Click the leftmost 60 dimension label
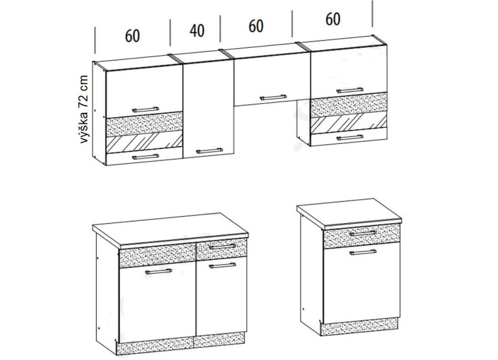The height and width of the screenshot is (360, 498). pyautogui.click(x=132, y=36)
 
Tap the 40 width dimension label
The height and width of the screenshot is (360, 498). pyautogui.click(x=197, y=30)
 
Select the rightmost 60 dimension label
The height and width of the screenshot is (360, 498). pyautogui.click(x=333, y=19)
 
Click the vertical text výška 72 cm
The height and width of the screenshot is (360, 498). pyautogui.click(x=84, y=109)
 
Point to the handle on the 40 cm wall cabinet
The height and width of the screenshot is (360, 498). pyautogui.click(x=209, y=151)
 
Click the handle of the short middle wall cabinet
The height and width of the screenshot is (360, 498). pyautogui.click(x=273, y=97)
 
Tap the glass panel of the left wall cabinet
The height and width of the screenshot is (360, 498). pyautogui.click(x=144, y=142)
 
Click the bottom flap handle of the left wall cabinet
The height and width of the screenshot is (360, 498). pyautogui.click(x=146, y=157)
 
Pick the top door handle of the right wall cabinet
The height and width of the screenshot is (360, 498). pyautogui.click(x=350, y=90)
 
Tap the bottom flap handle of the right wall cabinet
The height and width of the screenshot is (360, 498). pyautogui.click(x=350, y=138)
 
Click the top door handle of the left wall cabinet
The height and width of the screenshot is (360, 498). pyautogui.click(x=146, y=110)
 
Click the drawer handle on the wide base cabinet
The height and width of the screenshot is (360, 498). pyautogui.click(x=222, y=246)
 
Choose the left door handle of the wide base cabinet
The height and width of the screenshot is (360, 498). pyautogui.click(x=158, y=271)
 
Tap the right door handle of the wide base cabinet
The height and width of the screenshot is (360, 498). pyautogui.click(x=222, y=265)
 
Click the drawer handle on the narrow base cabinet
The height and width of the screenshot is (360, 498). pyautogui.click(x=362, y=233)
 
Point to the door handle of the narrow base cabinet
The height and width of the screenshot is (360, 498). pyautogui.click(x=362, y=253)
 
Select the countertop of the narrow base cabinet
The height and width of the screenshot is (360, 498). pyautogui.click(x=349, y=214)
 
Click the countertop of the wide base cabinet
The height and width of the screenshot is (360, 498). pyautogui.click(x=170, y=230)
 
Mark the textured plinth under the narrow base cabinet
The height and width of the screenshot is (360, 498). pyautogui.click(x=359, y=326)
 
